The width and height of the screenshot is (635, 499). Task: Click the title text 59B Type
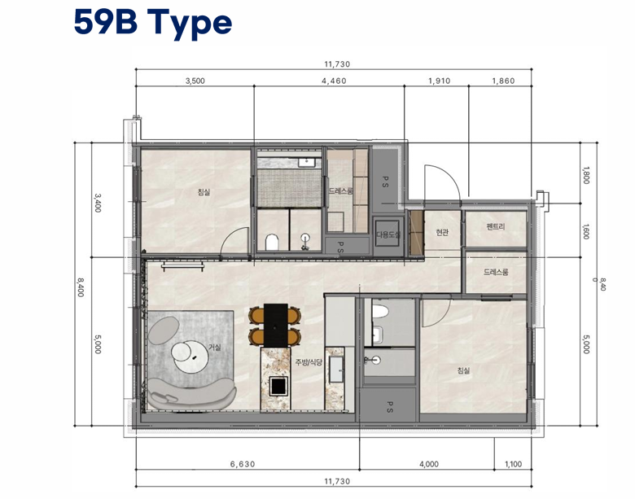pyautogui.click(x=153, y=24)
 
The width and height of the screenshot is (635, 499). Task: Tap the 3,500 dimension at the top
pyautogui.click(x=195, y=81)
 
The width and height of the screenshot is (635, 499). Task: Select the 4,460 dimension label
pyautogui.click(x=334, y=81)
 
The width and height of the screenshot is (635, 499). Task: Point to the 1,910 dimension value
pyautogui.click(x=440, y=81)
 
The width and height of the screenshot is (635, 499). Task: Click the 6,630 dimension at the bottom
pyautogui.click(x=243, y=464)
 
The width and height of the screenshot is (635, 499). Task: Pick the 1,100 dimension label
pyautogui.click(x=513, y=464)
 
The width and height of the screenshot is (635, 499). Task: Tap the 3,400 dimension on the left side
pyautogui.click(x=98, y=203)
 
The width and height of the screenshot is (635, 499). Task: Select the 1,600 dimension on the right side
pyautogui.click(x=585, y=232)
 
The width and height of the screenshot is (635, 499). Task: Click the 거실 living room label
pyautogui.click(x=215, y=347)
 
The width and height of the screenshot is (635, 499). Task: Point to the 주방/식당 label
pyautogui.click(x=309, y=362)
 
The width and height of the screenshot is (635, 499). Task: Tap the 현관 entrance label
pyautogui.click(x=442, y=233)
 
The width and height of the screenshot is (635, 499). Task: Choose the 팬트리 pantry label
pyautogui.click(x=496, y=227)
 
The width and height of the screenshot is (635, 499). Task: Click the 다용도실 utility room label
pyautogui.click(x=388, y=234)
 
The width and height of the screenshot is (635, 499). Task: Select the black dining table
pyautogui.click(x=276, y=325)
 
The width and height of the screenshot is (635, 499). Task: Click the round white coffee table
pyautogui.click(x=190, y=357)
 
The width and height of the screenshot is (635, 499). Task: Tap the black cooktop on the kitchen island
pyautogui.click(x=279, y=385)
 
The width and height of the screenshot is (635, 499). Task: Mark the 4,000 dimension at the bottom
pyautogui.click(x=429, y=464)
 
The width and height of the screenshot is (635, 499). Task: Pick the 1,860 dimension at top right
pyautogui.click(x=503, y=81)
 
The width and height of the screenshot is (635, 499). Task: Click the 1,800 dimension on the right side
pyautogui.click(x=585, y=175)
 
